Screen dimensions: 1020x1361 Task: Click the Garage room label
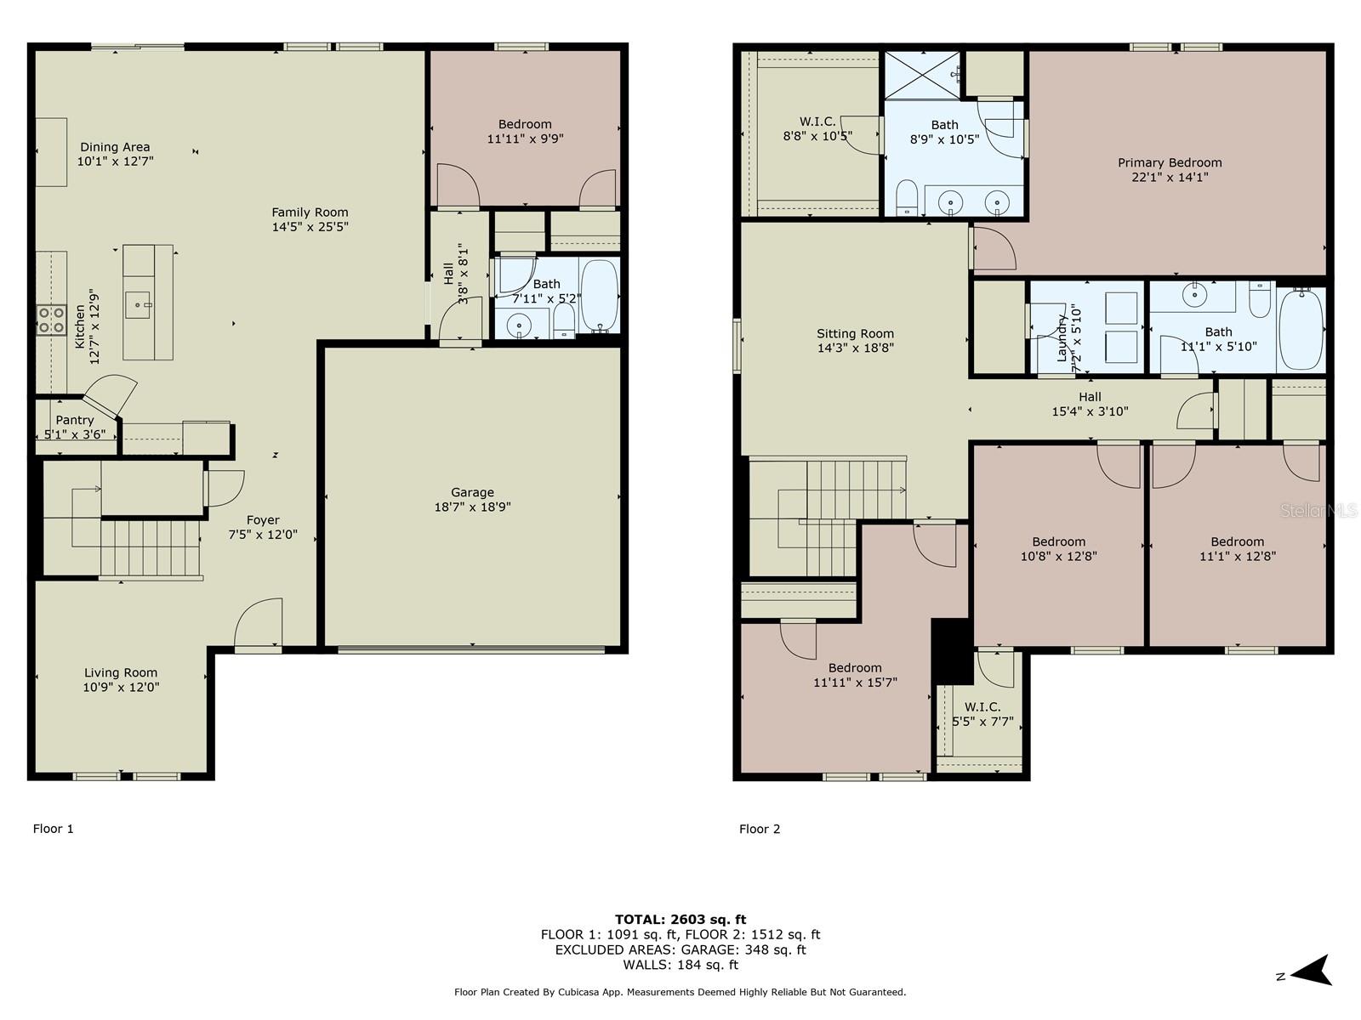[472, 492]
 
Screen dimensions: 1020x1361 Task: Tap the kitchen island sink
[138, 304]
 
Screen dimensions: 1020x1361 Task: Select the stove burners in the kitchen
[51, 320]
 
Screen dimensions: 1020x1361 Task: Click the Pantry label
[75, 420]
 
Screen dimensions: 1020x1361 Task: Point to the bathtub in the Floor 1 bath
[600, 296]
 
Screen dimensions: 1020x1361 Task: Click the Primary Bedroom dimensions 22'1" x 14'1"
[1170, 177]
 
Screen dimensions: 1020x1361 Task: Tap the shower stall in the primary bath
[922, 75]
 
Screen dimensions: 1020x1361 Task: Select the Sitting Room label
[855, 333]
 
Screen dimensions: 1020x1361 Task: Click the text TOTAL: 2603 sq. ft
[680, 919]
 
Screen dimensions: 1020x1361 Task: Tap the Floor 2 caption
[760, 829]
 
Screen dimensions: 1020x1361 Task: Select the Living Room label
[121, 672]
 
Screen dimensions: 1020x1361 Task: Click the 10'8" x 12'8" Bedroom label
[1059, 548]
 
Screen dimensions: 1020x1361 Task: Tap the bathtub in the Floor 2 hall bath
[1301, 330]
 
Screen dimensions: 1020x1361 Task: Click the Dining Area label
[115, 147]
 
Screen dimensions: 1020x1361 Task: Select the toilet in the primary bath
[907, 197]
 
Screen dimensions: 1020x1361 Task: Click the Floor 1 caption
[54, 829]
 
